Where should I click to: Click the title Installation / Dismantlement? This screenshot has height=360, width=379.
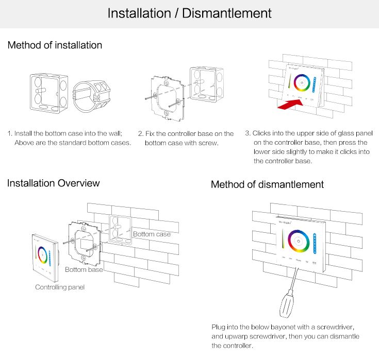point(189,13)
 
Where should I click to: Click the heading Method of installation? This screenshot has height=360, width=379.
point(55,45)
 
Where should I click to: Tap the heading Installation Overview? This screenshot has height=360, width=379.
point(53,183)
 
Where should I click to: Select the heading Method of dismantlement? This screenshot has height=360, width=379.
point(267,184)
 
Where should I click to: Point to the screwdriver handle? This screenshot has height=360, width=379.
point(287,307)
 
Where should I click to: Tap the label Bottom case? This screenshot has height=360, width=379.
point(152,234)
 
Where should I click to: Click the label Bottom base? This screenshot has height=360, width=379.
point(84,269)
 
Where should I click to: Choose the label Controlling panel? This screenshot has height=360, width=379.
point(59,287)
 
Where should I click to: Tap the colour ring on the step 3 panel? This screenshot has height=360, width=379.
point(301,83)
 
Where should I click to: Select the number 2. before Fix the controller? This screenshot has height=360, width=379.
point(140,133)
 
